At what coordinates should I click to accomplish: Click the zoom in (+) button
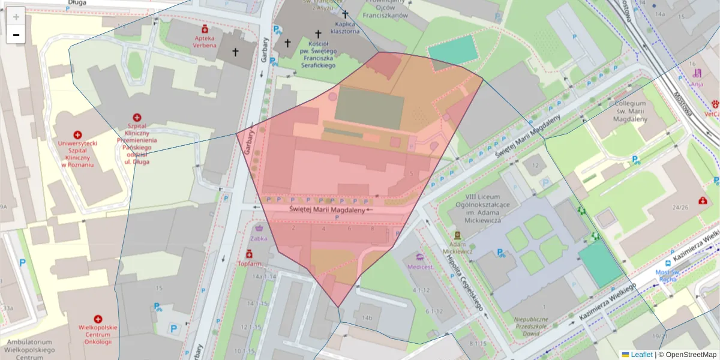pyautogui.click(x=16, y=16)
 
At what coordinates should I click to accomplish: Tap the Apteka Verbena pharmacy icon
pyautogui.click(x=205, y=29)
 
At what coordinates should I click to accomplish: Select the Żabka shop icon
pyautogui.click(x=259, y=228)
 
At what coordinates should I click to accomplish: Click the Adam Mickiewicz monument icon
pyautogui.click(x=457, y=235)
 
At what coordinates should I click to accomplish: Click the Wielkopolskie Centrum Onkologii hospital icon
pyautogui.click(x=98, y=320)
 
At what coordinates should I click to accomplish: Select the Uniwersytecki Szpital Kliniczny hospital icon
pyautogui.click(x=77, y=135)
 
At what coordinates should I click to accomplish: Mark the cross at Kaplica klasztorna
pyautogui.click(x=345, y=14)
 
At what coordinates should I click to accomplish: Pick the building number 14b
pyautogui.click(x=367, y=318)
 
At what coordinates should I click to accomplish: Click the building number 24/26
pyautogui.click(x=680, y=208)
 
